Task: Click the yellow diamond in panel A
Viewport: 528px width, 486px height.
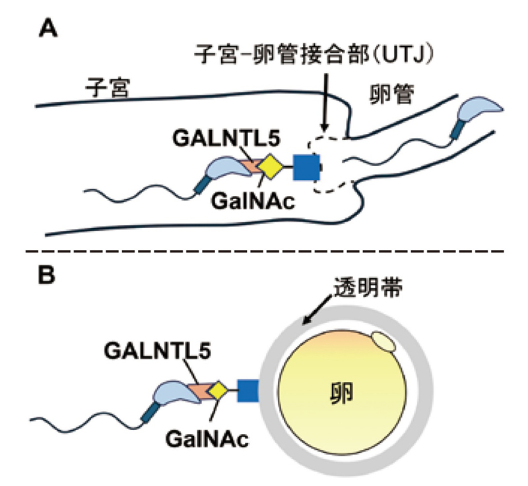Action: pyautogui.click(x=270, y=167)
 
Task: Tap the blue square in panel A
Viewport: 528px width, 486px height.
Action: pyautogui.click(x=306, y=167)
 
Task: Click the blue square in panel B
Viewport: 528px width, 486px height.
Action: pyautogui.click(x=247, y=392)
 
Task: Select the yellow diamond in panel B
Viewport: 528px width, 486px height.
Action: pyautogui.click(x=218, y=392)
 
